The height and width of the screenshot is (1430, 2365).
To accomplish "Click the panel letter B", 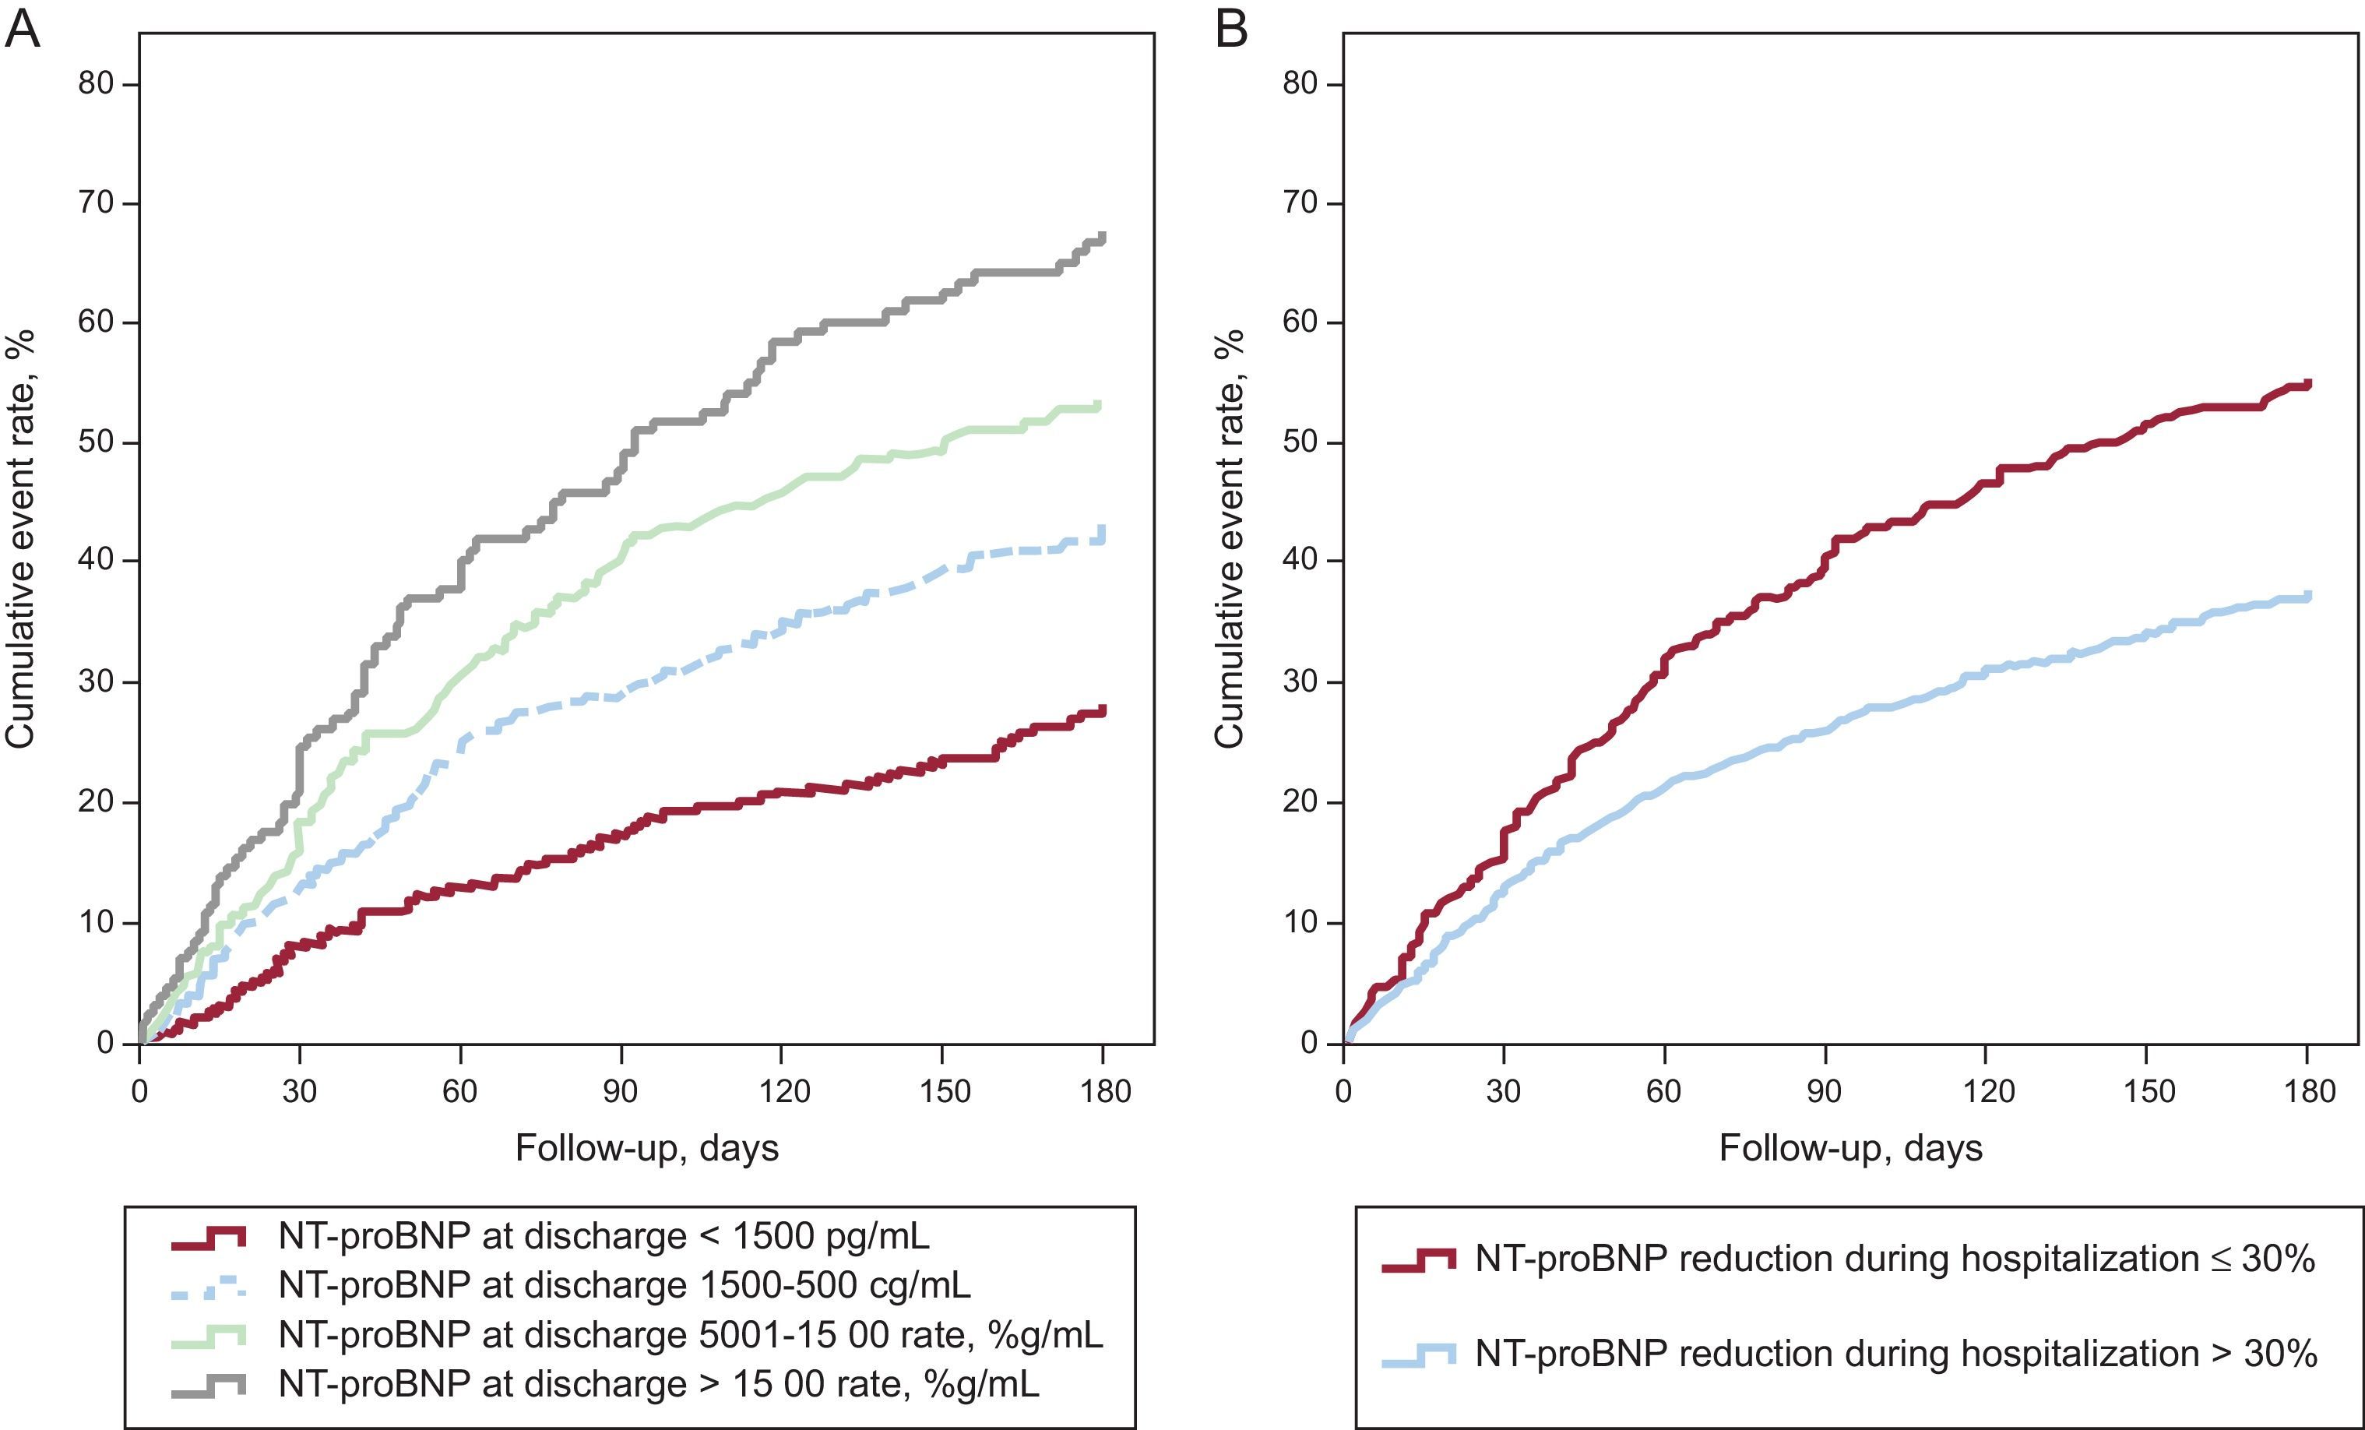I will pyautogui.click(x=1231, y=29).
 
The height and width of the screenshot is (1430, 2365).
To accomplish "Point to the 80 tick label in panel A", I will pyautogui.click(x=95, y=84).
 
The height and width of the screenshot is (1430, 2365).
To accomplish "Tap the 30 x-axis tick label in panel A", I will pyautogui.click(x=300, y=1091).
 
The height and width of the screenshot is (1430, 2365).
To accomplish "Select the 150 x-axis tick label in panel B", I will pyautogui.click(x=2147, y=1091).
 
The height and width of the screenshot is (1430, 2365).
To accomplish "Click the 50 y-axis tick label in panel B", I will pyautogui.click(x=1300, y=442).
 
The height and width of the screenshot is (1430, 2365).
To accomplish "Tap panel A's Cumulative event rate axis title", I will pyautogui.click(x=21, y=537).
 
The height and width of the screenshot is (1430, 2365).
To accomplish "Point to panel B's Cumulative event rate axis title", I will pyautogui.click(x=1229, y=537).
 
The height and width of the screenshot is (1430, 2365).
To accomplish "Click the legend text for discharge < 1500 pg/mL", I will pyautogui.click(x=604, y=1236).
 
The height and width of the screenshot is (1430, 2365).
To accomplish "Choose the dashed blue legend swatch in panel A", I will pyautogui.click(x=208, y=1286).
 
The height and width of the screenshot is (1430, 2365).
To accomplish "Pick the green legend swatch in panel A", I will pyautogui.click(x=208, y=1335).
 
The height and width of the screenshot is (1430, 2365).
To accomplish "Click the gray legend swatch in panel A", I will pyautogui.click(x=208, y=1385).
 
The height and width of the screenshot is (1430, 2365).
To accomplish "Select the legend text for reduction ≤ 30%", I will pyautogui.click(x=1895, y=1258).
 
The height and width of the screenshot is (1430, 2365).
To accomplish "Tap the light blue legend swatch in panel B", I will pyautogui.click(x=1419, y=1355).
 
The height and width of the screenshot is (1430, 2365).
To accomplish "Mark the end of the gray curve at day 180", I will pyautogui.click(x=1103, y=237).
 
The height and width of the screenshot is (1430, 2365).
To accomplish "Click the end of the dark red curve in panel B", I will pyautogui.click(x=2308, y=384).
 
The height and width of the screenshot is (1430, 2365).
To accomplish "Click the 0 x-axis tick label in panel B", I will pyautogui.click(x=1343, y=1091).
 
